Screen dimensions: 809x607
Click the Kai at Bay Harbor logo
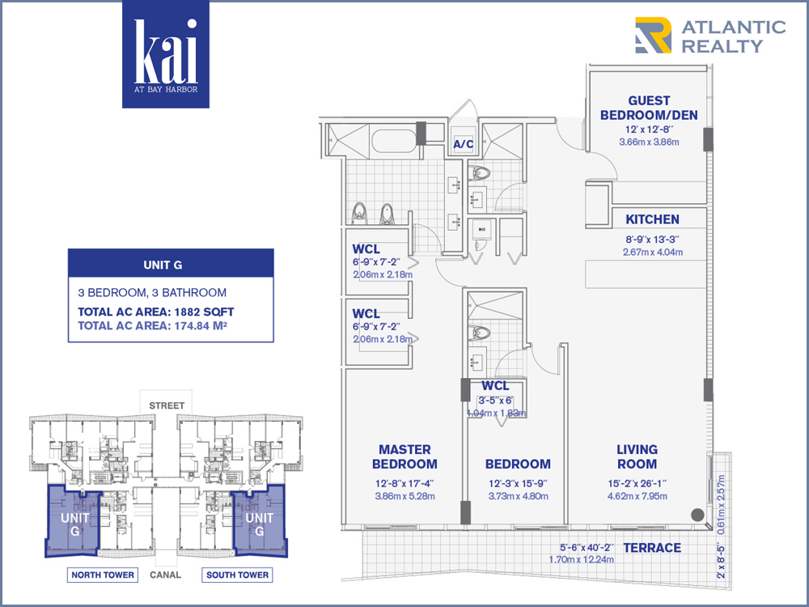click(x=166, y=54)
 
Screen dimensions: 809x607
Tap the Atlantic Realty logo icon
click(x=653, y=35)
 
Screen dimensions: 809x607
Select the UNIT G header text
click(x=163, y=265)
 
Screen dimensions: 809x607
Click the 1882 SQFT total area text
click(x=205, y=312)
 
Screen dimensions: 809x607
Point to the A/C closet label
click(x=464, y=144)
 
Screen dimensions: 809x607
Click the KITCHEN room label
click(x=652, y=219)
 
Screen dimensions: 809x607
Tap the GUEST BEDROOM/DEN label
click(x=649, y=108)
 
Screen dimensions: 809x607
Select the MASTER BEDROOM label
click(x=404, y=456)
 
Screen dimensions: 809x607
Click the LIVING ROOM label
click(x=637, y=456)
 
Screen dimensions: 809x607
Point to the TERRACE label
click(x=652, y=548)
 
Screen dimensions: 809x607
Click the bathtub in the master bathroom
click(x=394, y=141)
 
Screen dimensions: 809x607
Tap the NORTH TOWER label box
click(x=103, y=575)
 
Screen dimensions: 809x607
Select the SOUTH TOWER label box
click(x=237, y=575)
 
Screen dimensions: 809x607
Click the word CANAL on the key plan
click(x=165, y=575)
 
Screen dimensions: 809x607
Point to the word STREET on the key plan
click(x=167, y=405)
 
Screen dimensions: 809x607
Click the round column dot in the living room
click(x=697, y=515)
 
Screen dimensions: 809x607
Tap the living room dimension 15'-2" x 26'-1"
click(x=637, y=484)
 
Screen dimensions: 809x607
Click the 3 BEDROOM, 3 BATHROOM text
click(x=152, y=293)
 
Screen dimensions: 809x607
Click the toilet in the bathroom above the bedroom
click(x=480, y=333)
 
